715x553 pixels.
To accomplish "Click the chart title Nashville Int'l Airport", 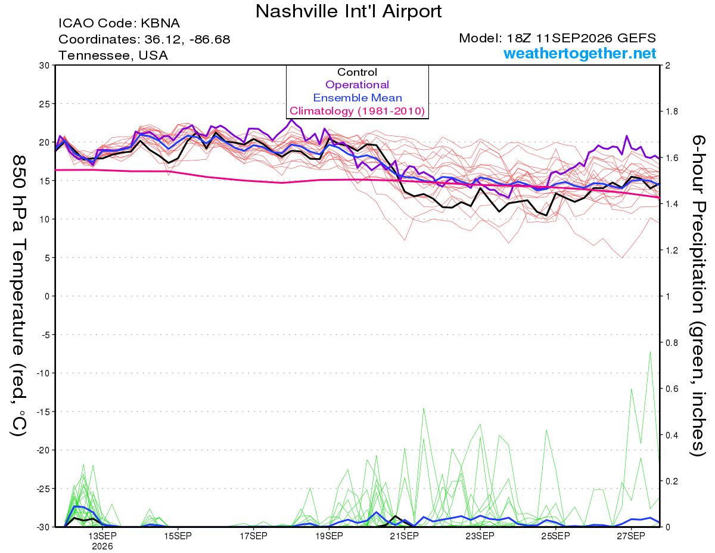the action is (349, 11).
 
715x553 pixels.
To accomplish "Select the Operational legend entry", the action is (357, 85).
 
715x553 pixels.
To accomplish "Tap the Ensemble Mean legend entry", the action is (357, 98).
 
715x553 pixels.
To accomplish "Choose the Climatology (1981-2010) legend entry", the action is (357, 111).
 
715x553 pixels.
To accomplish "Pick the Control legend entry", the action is (357, 72).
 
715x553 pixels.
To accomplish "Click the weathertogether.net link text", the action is (580, 53).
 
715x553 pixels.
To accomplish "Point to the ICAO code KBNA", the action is (160, 23).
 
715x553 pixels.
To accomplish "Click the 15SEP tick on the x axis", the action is (178, 536).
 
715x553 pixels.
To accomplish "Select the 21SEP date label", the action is (405, 536).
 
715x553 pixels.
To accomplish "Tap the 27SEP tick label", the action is (631, 536).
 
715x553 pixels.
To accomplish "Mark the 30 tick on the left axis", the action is (44, 66).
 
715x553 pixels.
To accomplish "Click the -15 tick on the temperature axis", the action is (42, 412).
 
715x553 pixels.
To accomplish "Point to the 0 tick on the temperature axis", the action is (47, 296).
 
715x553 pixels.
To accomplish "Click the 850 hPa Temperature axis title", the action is (18, 295).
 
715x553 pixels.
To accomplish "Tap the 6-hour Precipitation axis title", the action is (698, 295).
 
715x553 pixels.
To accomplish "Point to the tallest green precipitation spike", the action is (650, 352).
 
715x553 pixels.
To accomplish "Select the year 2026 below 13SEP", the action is (102, 546).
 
